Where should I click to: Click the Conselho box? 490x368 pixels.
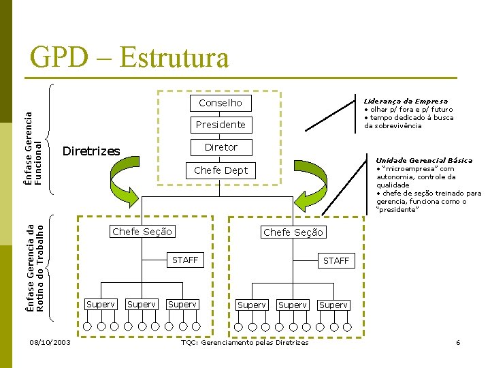click(x=220, y=103)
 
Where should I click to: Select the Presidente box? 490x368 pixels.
click(x=220, y=125)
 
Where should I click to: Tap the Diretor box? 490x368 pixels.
click(x=220, y=147)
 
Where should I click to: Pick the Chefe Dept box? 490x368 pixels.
click(x=220, y=170)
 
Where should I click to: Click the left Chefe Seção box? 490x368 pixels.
click(x=142, y=232)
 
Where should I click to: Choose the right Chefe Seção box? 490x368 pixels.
click(x=293, y=232)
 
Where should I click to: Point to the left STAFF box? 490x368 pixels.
click(x=185, y=260)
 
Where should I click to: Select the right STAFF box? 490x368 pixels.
click(x=336, y=260)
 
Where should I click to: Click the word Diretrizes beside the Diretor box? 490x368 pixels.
click(x=91, y=151)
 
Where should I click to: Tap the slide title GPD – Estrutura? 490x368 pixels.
click(x=129, y=58)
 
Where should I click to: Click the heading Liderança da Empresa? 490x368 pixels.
click(x=406, y=101)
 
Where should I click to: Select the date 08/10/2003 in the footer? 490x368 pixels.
click(x=50, y=342)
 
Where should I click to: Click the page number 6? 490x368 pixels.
click(x=458, y=342)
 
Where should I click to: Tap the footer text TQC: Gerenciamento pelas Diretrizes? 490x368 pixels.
click(x=244, y=342)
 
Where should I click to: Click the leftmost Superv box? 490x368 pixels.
click(x=100, y=304)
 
